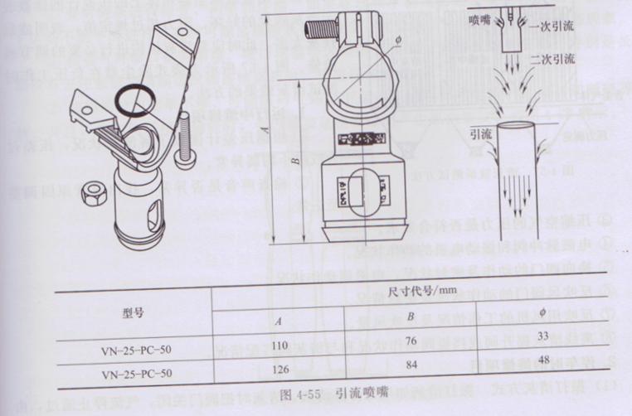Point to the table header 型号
coord(134,312)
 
